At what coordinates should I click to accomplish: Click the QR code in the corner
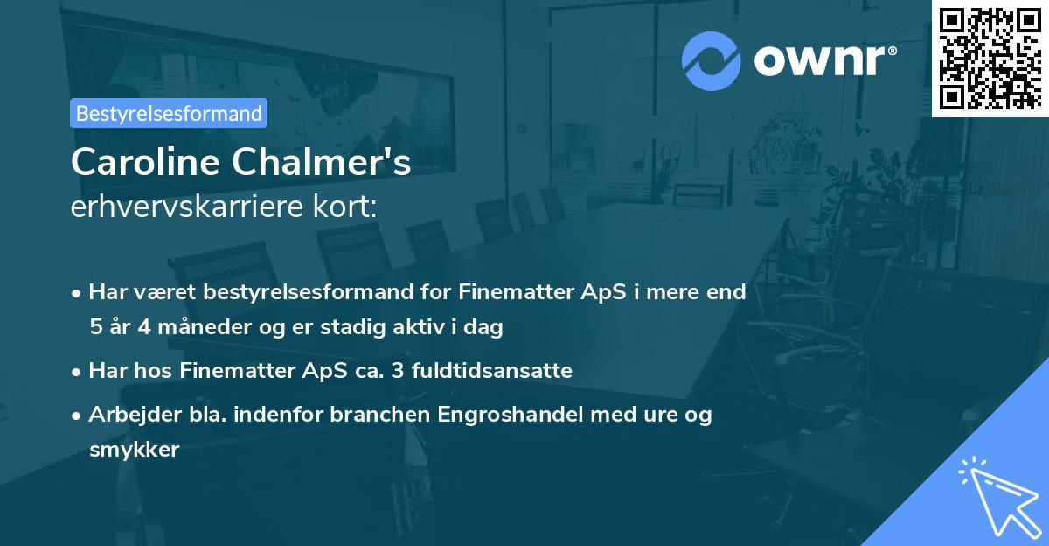click(990, 58)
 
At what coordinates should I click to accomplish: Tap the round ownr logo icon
click(710, 59)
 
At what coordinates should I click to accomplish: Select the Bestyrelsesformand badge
click(169, 113)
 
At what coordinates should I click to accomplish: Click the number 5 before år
click(94, 327)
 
